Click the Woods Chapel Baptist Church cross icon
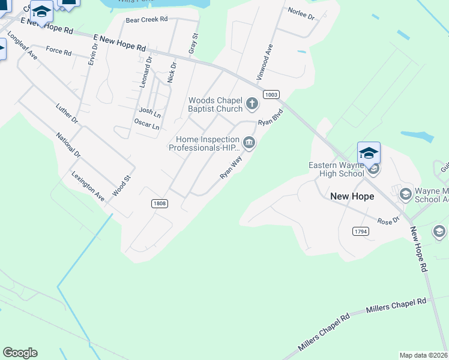click(252, 104)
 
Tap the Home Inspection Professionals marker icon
click(249, 143)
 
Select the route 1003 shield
click(271, 94)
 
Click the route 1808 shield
click(160, 203)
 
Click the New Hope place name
click(352, 196)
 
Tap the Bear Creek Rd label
click(146, 20)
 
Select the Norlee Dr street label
click(301, 14)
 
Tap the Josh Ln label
click(149, 111)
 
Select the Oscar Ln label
click(146, 126)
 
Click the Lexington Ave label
click(88, 187)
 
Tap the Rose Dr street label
click(388, 221)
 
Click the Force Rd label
click(58, 50)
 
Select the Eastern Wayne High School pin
click(369, 154)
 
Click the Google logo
click(20, 353)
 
